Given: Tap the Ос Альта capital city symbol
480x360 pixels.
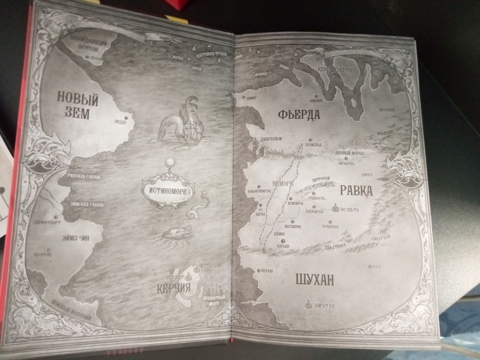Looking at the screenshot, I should (335, 208).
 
